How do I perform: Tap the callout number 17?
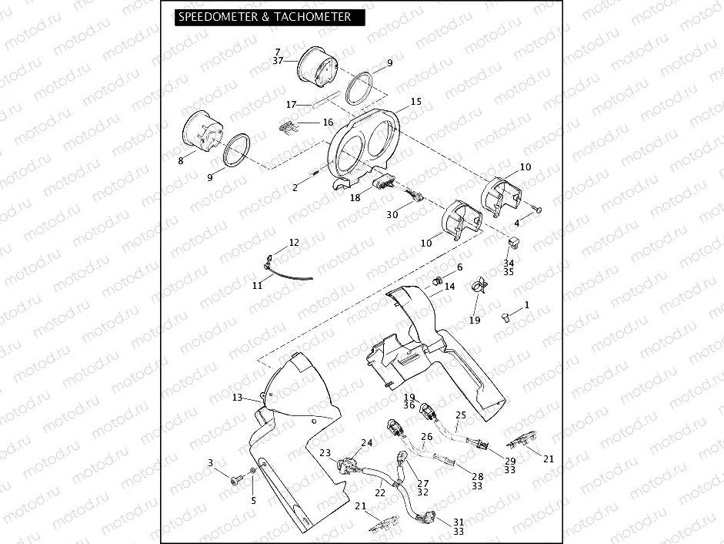(x=291, y=104)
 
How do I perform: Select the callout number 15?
(x=415, y=102)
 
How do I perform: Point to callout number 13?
(x=237, y=398)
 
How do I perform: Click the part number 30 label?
(x=392, y=215)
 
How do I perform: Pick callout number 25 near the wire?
(x=461, y=415)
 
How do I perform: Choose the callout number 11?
(x=258, y=285)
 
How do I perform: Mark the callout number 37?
(x=278, y=61)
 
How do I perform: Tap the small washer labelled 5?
(x=254, y=472)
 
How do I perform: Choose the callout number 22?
(x=379, y=492)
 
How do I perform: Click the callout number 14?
(x=450, y=287)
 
